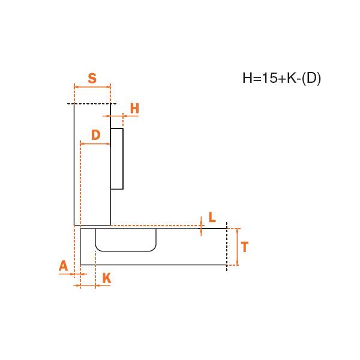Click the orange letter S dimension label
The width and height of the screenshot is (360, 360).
(x=92, y=78)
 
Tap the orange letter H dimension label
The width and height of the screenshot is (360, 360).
(x=134, y=109)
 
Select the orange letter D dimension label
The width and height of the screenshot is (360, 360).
(x=96, y=135)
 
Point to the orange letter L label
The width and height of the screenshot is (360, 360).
(x=212, y=217)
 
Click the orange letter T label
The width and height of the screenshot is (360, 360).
(x=245, y=247)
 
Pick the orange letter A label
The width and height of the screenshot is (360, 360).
(x=64, y=266)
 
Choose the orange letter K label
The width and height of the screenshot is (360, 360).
(x=107, y=278)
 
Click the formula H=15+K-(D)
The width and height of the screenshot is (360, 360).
(x=282, y=78)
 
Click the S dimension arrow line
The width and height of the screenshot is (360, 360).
(x=92, y=87)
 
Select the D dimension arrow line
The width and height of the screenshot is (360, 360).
(x=95, y=144)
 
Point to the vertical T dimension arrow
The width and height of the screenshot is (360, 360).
(x=238, y=247)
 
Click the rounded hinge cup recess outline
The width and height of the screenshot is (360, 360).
(x=126, y=251)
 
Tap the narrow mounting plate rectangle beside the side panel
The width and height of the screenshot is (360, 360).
(x=117, y=158)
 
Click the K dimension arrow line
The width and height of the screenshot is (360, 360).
(x=92, y=286)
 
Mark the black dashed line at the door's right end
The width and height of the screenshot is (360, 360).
(x=227, y=247)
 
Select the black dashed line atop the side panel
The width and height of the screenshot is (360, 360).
(x=92, y=104)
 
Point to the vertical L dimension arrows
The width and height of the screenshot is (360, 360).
(x=201, y=226)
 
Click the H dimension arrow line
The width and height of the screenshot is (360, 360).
(x=121, y=116)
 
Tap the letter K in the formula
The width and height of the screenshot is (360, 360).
(x=292, y=78)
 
